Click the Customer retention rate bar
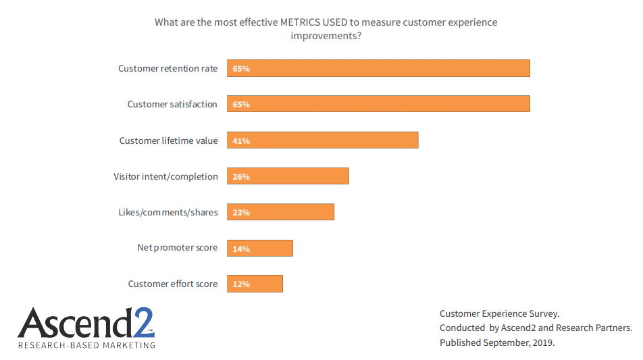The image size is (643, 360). [x=378, y=68]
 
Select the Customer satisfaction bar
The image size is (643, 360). [x=378, y=104]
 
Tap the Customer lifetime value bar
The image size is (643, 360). [x=323, y=140]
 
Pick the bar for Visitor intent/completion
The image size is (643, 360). [x=288, y=176]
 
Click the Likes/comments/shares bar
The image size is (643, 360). [x=280, y=212]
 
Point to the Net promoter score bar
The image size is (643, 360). [x=260, y=249]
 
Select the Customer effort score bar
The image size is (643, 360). [x=255, y=284]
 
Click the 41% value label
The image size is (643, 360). [x=241, y=140]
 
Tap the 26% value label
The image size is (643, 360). [x=241, y=176]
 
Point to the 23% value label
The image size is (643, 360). [x=241, y=212]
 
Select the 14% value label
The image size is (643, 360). [x=241, y=249]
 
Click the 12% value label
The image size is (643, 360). [x=241, y=284]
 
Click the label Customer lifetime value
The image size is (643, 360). [x=168, y=140]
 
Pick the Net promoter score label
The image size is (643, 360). [x=178, y=248]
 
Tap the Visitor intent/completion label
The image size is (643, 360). [x=165, y=176]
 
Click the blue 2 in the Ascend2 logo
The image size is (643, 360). [x=143, y=323]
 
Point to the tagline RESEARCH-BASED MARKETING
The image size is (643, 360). [x=86, y=345]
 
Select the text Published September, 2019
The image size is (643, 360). [x=496, y=342]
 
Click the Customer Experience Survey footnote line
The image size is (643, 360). [x=499, y=313]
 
